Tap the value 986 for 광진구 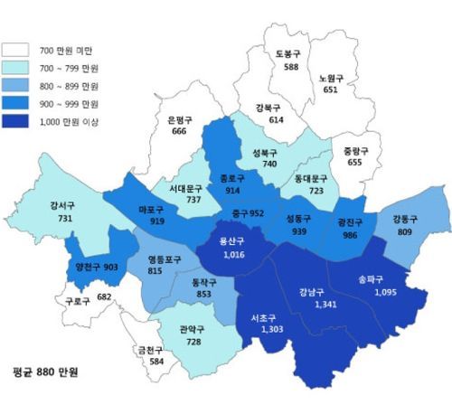pos(348,233)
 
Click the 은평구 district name pos(184,119)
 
